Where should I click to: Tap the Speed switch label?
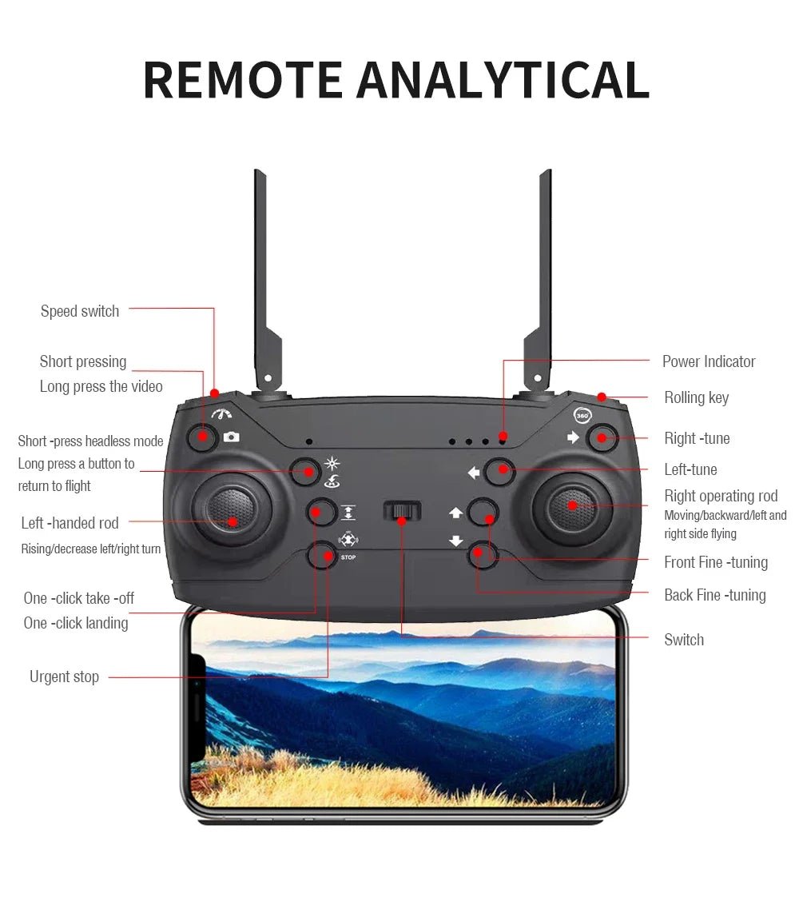tap(80, 311)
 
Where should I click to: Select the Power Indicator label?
tap(709, 361)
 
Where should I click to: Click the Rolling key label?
tap(696, 397)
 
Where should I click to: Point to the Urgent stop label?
tap(65, 676)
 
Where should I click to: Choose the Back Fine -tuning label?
tap(715, 595)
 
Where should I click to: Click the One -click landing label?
tap(76, 623)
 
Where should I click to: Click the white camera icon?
tap(231, 437)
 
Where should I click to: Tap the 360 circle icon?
tap(582, 415)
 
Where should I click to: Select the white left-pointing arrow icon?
tap(474, 473)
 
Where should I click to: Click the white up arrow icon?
tap(456, 513)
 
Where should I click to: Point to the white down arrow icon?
tap(456, 541)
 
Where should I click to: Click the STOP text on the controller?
tap(348, 557)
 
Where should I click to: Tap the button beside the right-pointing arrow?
tap(602, 437)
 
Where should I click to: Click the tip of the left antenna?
tap(259, 171)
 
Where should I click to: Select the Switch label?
tap(684, 640)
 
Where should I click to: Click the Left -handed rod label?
tap(70, 523)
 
